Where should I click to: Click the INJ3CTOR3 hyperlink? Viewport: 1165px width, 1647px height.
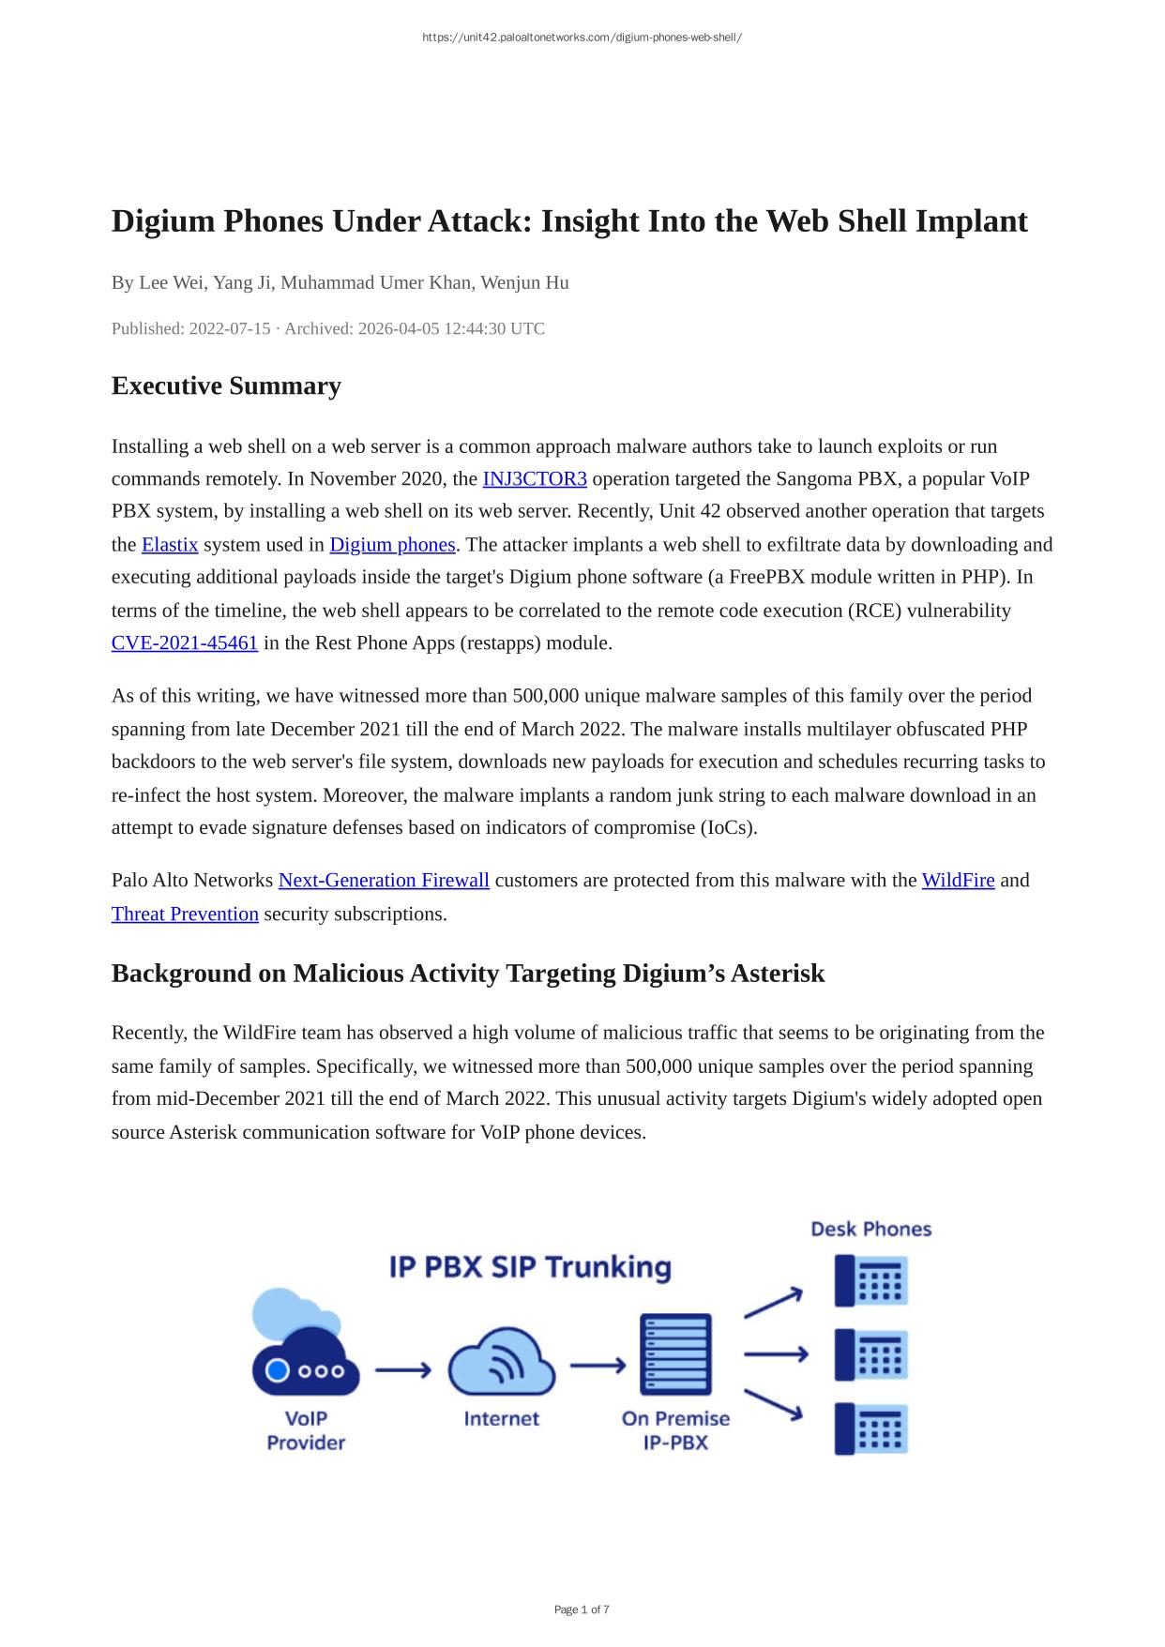point(535,479)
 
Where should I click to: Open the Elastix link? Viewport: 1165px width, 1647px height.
point(170,545)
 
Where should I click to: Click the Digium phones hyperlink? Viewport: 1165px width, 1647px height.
point(392,545)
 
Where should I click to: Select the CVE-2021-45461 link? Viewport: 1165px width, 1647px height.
point(185,643)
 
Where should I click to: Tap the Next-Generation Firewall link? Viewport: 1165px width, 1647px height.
point(384,881)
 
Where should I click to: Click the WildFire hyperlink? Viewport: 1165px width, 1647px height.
point(958,881)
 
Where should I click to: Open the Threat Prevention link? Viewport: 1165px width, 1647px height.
point(185,914)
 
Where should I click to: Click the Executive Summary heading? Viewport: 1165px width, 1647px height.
point(226,386)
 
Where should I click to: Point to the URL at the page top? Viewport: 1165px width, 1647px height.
point(582,38)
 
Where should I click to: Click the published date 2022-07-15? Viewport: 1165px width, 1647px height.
point(230,329)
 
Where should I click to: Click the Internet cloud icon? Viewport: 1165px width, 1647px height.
point(502,1362)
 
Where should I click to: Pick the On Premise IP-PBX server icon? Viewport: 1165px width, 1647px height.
point(675,1354)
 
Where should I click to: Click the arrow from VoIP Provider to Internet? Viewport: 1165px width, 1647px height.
point(403,1370)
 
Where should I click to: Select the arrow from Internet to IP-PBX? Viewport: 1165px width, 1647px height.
point(598,1365)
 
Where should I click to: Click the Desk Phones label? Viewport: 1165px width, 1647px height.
point(870,1230)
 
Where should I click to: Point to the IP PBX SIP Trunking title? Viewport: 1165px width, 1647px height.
point(530,1267)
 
